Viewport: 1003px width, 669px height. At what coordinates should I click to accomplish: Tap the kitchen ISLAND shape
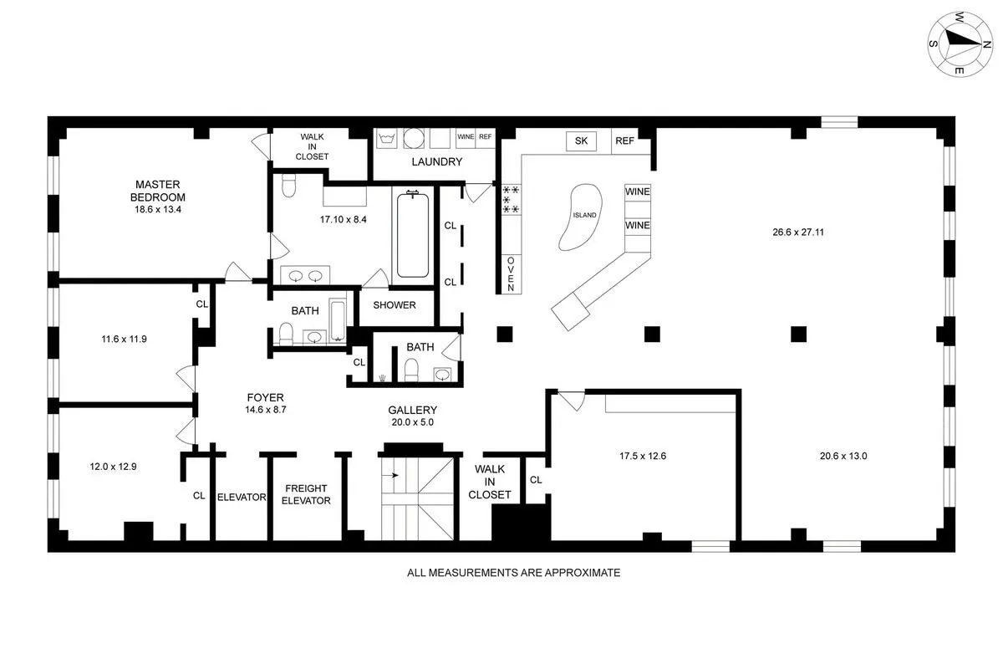[583, 216]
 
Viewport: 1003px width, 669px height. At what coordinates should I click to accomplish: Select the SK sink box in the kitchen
[581, 141]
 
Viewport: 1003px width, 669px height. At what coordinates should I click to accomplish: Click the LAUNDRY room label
[435, 162]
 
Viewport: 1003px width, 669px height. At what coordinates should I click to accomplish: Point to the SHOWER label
[395, 305]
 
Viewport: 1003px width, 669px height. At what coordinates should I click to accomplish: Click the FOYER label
[265, 404]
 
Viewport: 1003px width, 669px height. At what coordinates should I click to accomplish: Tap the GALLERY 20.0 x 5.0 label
[413, 416]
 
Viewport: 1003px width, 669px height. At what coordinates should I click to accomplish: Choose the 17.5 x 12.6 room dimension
[642, 457]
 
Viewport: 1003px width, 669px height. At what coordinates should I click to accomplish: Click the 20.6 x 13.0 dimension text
[843, 457]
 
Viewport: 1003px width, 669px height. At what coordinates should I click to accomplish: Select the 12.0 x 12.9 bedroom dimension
[113, 467]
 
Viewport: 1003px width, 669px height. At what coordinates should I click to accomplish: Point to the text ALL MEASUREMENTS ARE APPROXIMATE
[513, 573]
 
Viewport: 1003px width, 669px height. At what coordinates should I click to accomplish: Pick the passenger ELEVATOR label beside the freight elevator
[241, 497]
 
